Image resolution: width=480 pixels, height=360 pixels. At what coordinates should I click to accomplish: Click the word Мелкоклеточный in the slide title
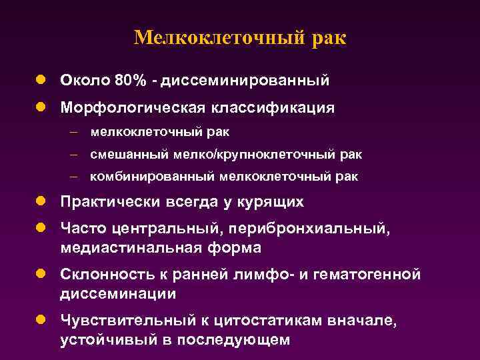point(219,37)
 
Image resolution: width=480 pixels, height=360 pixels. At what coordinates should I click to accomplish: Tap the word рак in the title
point(328,37)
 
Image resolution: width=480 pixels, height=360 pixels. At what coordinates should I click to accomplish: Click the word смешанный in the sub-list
point(122,155)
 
